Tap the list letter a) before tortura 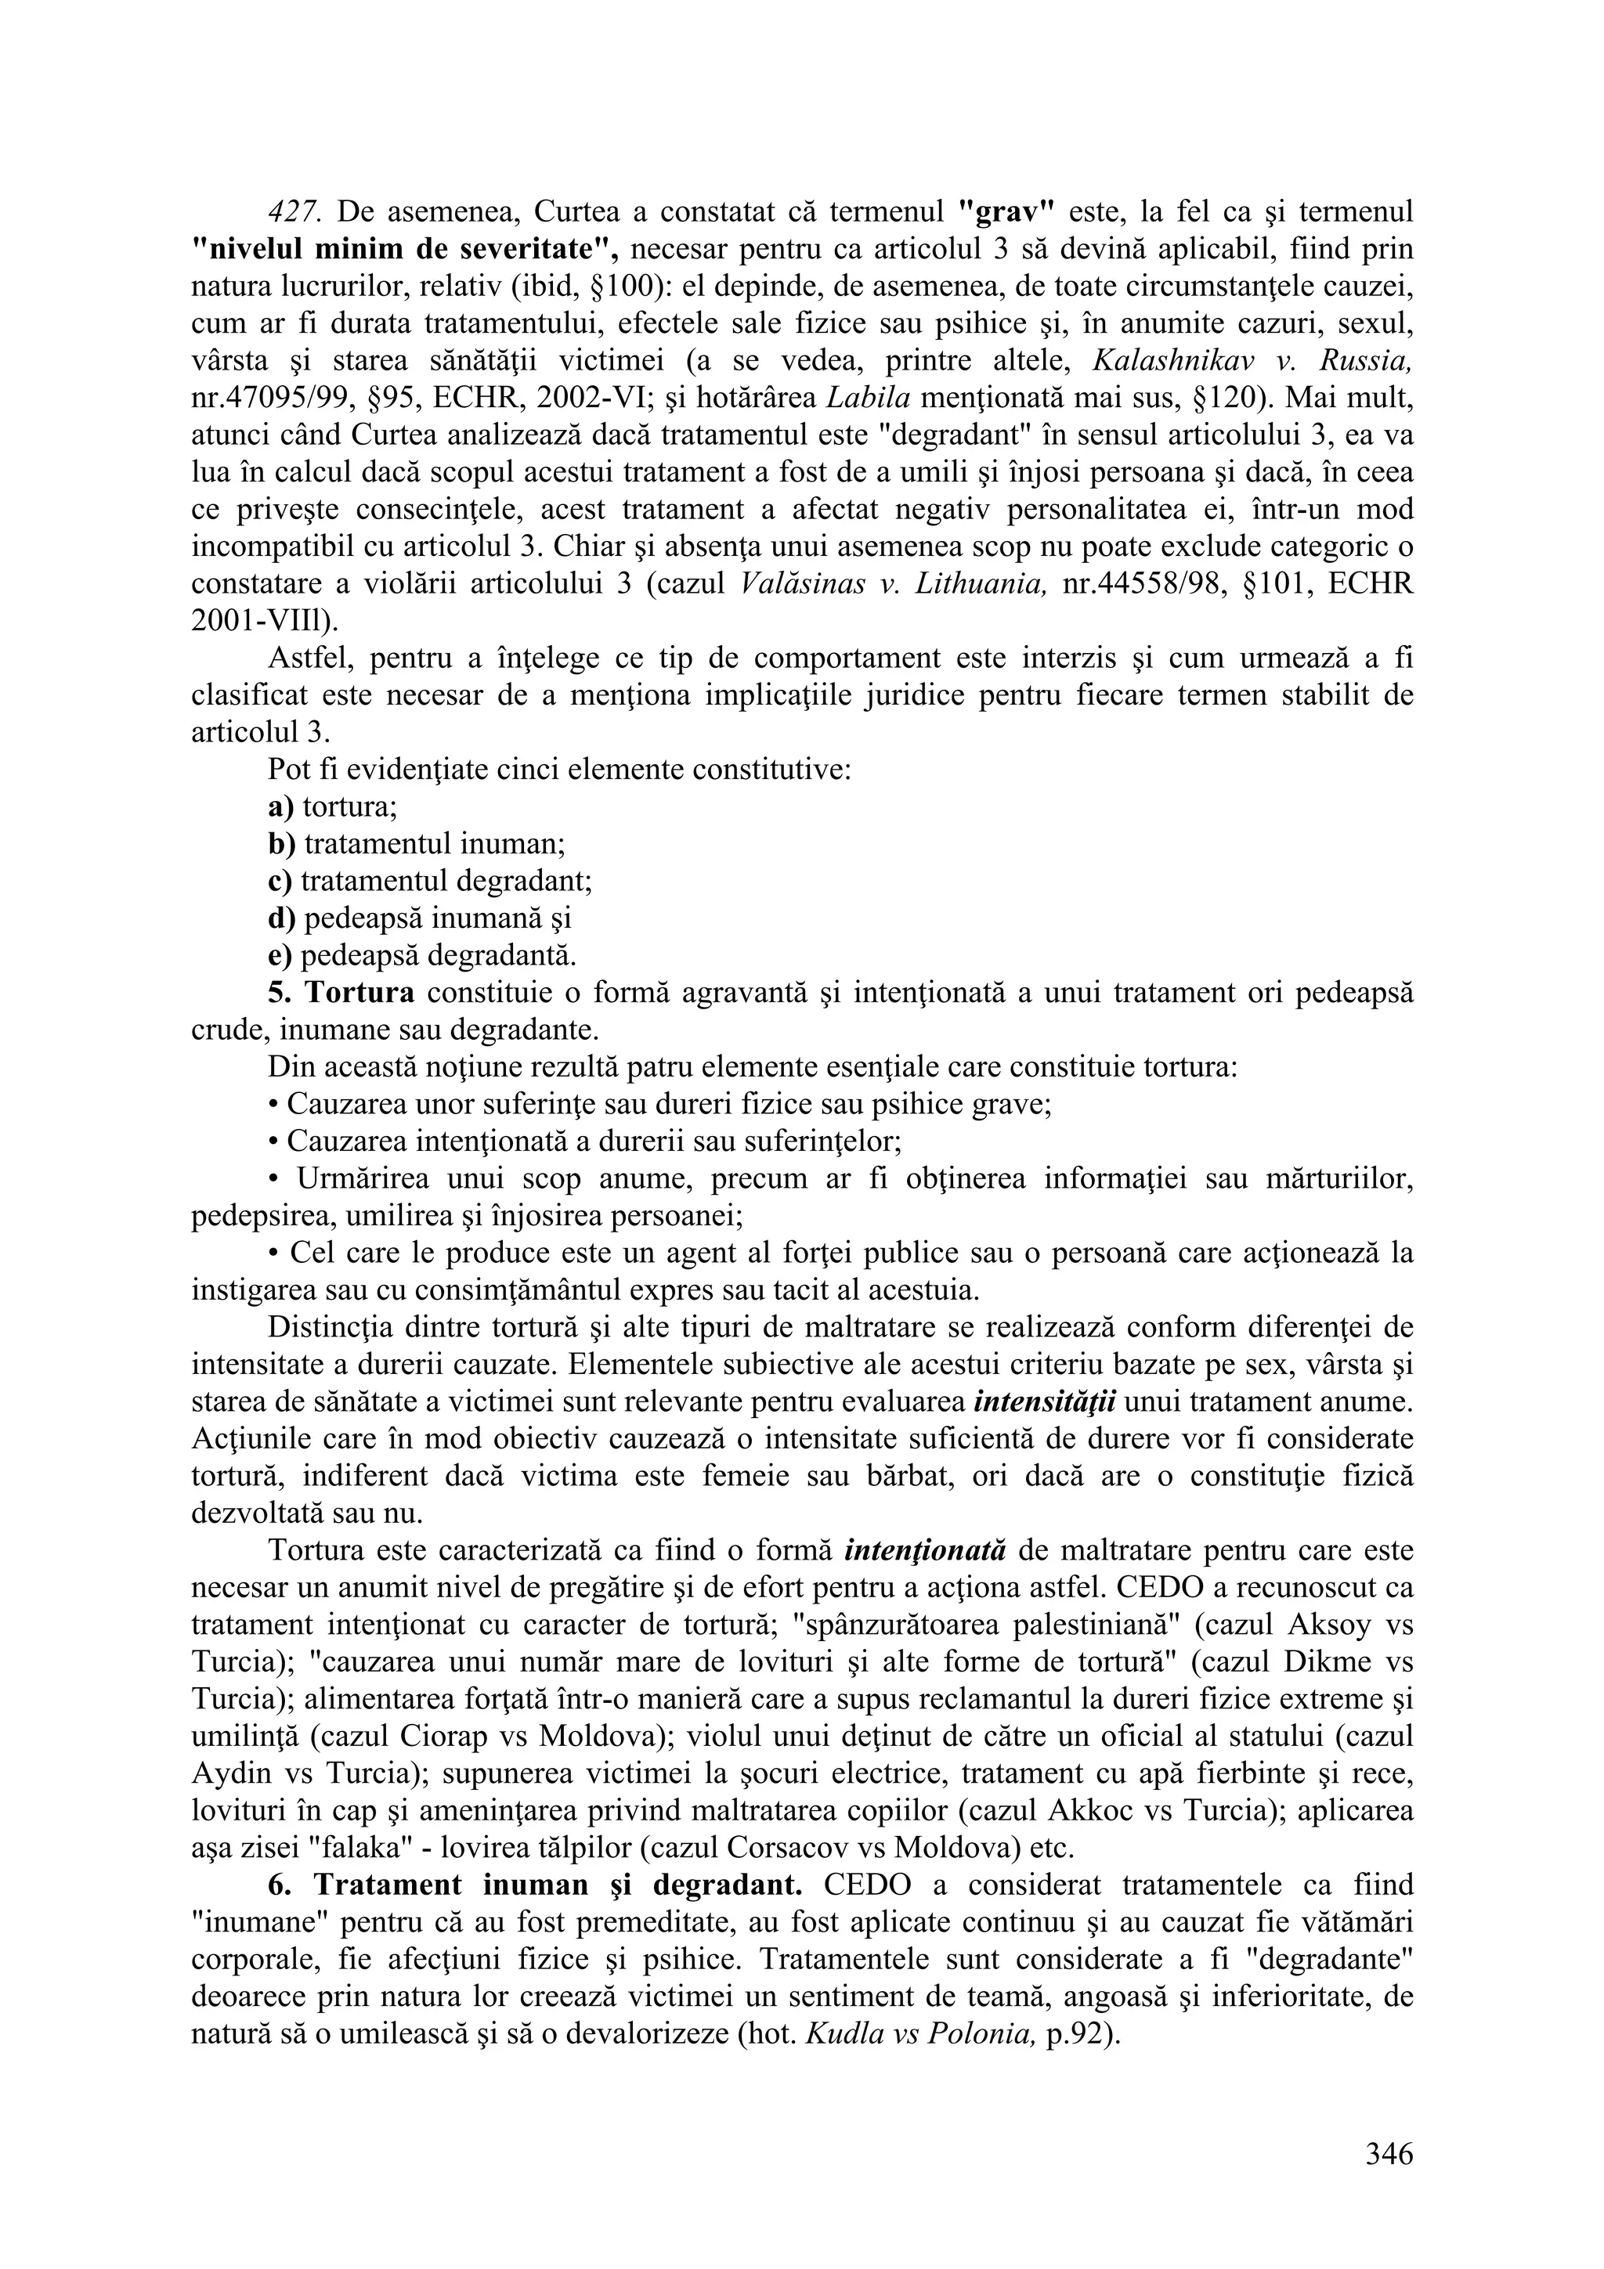coord(282,807)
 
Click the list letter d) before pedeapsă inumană coord(283,919)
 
